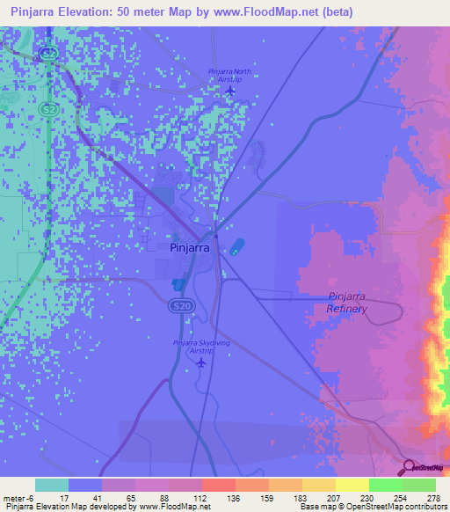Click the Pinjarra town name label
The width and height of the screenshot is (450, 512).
click(188, 247)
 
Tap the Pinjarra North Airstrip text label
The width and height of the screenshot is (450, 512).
click(229, 75)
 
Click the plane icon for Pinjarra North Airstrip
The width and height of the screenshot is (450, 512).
click(230, 91)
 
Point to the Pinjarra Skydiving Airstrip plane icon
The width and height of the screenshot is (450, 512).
click(202, 362)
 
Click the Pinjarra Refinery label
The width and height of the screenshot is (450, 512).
click(346, 303)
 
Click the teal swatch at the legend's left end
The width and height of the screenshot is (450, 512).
click(52, 485)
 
